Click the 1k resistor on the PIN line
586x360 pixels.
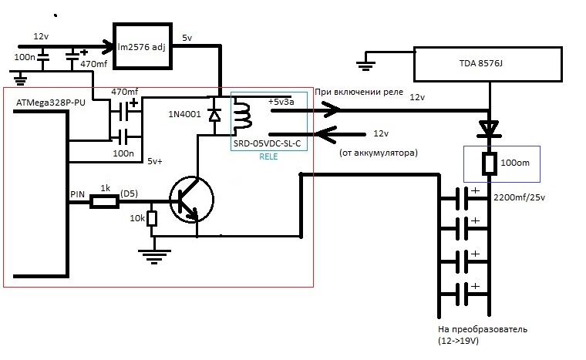point(105,203)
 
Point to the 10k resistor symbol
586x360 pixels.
point(151,219)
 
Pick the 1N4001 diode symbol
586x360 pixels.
point(214,115)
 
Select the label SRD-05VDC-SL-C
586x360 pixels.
point(267,143)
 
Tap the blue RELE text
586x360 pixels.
point(268,156)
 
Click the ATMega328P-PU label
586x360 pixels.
point(50,103)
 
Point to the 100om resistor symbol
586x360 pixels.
point(489,163)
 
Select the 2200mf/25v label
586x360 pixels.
point(519,197)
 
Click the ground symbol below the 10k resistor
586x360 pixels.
point(154,257)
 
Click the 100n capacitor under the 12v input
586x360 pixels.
point(43,57)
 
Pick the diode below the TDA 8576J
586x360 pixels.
point(489,129)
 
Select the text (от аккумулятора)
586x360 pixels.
point(379,153)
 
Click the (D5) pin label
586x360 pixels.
point(130,193)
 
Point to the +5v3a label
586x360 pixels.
point(281,102)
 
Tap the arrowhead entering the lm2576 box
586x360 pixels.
point(109,46)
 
